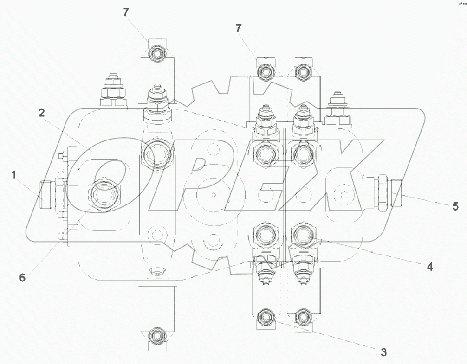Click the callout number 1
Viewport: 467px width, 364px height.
click(14, 175)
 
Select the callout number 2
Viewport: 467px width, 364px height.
click(41, 113)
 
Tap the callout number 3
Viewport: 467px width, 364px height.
click(383, 351)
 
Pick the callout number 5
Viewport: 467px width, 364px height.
click(455, 206)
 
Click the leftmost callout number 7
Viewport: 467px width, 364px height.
click(126, 13)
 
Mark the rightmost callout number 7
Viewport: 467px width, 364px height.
click(239, 28)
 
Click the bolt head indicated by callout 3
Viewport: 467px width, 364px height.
click(265, 317)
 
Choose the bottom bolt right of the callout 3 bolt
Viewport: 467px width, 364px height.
click(303, 317)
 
